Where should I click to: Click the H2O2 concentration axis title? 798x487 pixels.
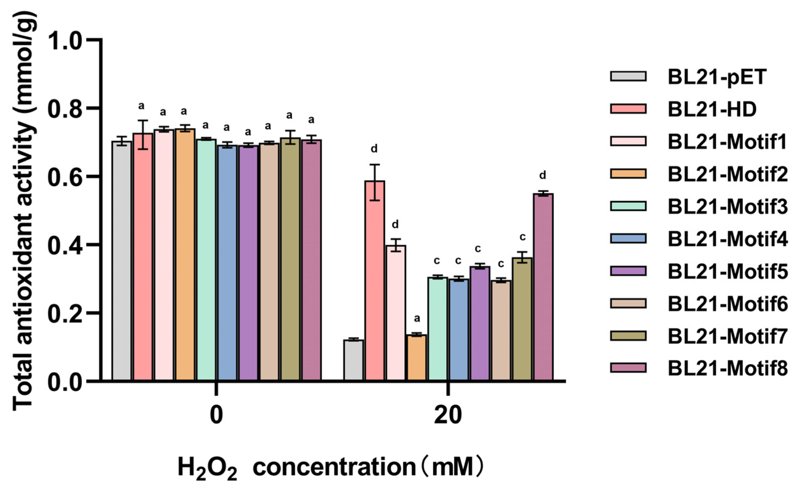point(330,467)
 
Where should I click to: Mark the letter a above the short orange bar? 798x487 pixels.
point(417,319)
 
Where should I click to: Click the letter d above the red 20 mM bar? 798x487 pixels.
point(374,149)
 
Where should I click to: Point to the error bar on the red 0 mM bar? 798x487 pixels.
point(143,135)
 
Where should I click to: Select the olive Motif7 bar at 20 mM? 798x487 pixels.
point(522,319)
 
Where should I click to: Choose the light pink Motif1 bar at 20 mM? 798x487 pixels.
point(396,312)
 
